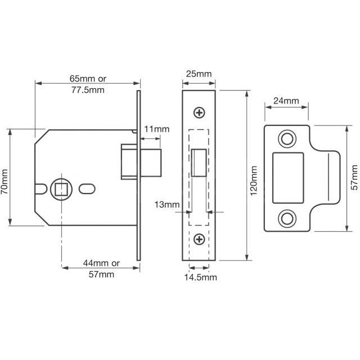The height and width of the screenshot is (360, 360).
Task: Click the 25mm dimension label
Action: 199,74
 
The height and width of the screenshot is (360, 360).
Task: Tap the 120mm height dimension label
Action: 254,181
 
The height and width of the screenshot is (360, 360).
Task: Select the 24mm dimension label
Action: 286,101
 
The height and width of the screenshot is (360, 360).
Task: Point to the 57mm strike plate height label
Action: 353,178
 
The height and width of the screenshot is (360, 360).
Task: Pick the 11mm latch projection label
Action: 157,129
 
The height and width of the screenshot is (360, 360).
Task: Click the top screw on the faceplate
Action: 199,113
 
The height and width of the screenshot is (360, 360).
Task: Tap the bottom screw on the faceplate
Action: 199,240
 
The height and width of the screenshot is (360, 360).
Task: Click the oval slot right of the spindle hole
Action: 88,187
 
